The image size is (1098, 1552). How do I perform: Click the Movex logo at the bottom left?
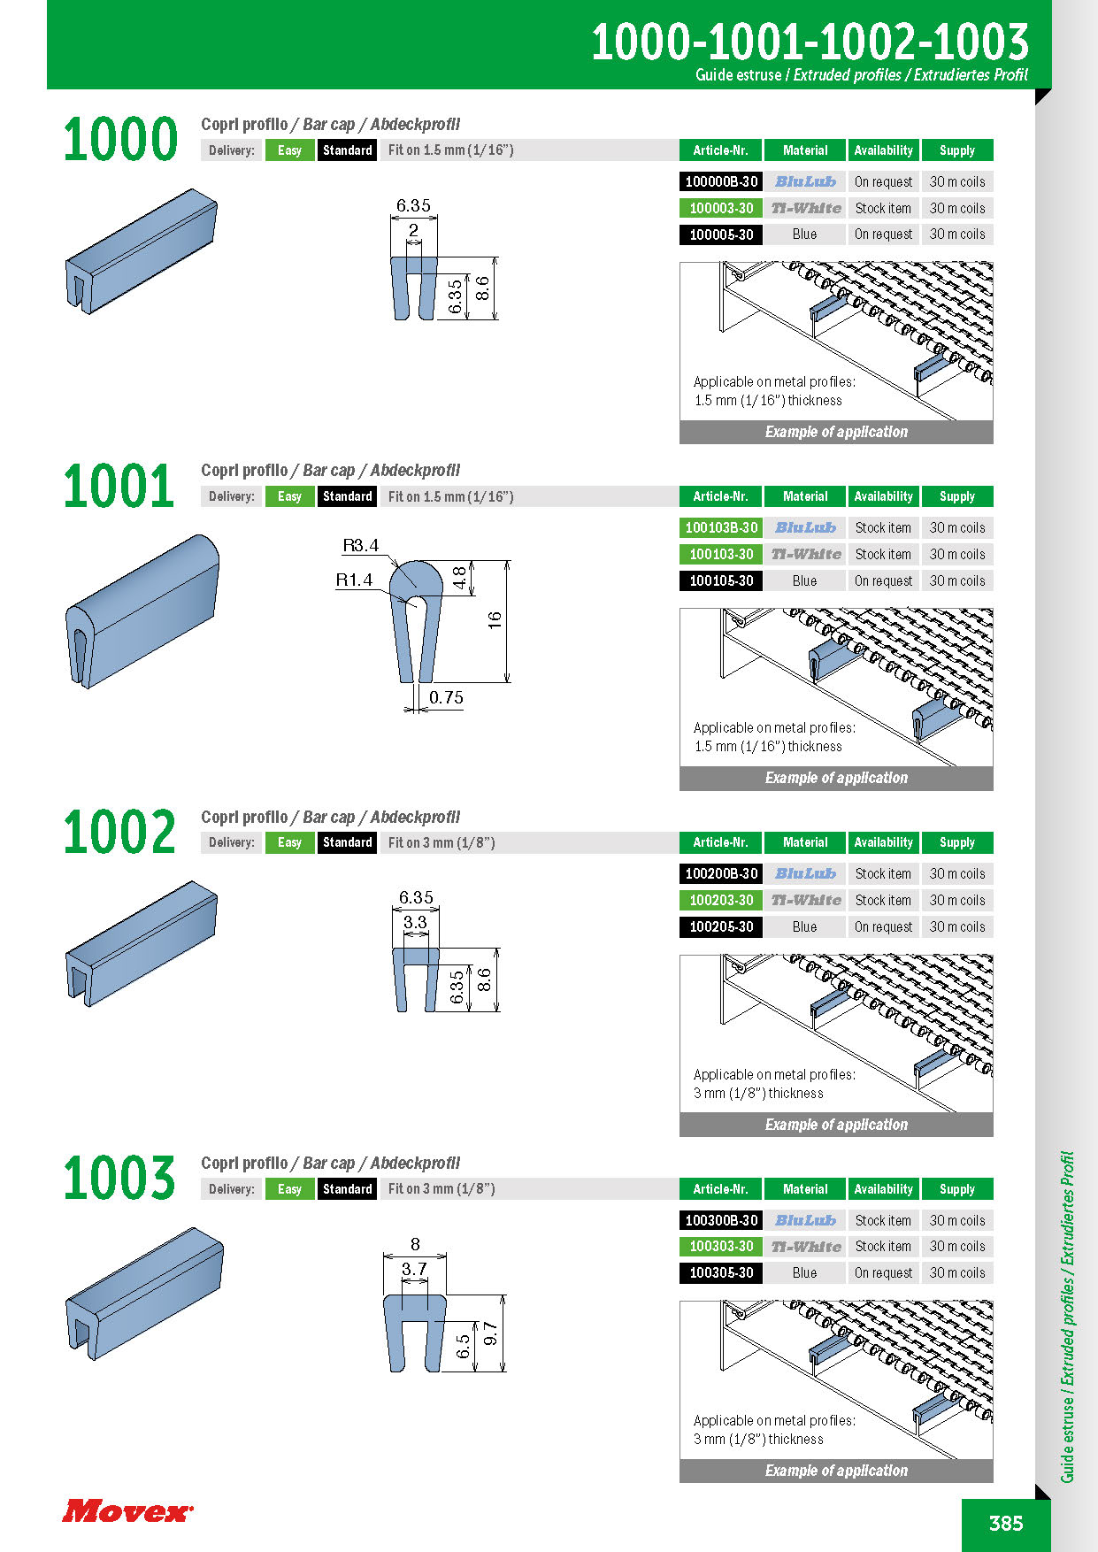[x=127, y=1510]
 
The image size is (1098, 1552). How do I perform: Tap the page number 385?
[x=1006, y=1523]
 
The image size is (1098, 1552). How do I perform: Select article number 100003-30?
[x=721, y=208]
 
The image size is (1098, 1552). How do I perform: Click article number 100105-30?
[x=721, y=580]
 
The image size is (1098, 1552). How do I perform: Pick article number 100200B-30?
[x=721, y=873]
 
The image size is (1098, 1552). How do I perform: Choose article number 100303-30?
[x=721, y=1246]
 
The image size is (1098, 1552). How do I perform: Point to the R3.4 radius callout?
[x=360, y=545]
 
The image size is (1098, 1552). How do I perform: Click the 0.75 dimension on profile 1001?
[x=446, y=697]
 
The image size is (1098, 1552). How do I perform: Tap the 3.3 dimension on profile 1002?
[x=415, y=922]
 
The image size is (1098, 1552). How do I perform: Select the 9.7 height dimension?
[x=490, y=1333]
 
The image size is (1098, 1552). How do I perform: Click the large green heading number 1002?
[x=119, y=833]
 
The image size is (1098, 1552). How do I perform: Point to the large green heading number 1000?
[x=119, y=140]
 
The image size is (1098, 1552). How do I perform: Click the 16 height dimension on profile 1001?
[x=495, y=619]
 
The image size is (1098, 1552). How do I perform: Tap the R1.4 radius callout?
[x=354, y=580]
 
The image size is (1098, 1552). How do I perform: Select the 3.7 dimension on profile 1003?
[x=414, y=1269]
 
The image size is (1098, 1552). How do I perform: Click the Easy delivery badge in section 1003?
[x=289, y=1189]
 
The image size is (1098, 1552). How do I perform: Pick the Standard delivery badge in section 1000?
[x=348, y=150]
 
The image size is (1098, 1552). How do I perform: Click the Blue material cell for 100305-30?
[x=804, y=1272]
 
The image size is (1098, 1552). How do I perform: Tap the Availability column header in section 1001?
[x=883, y=496]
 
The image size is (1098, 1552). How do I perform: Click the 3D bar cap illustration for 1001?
[x=142, y=611]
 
